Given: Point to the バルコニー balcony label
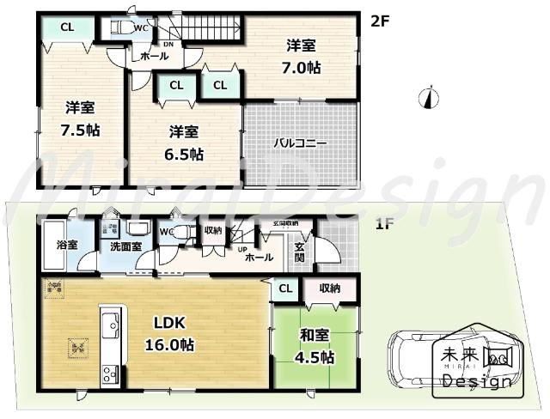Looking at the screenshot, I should pos(300,143).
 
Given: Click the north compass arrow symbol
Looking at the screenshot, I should pos(425,99).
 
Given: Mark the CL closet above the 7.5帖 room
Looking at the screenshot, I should pos(66,27).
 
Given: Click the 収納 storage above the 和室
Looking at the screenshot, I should pos(329,289).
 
